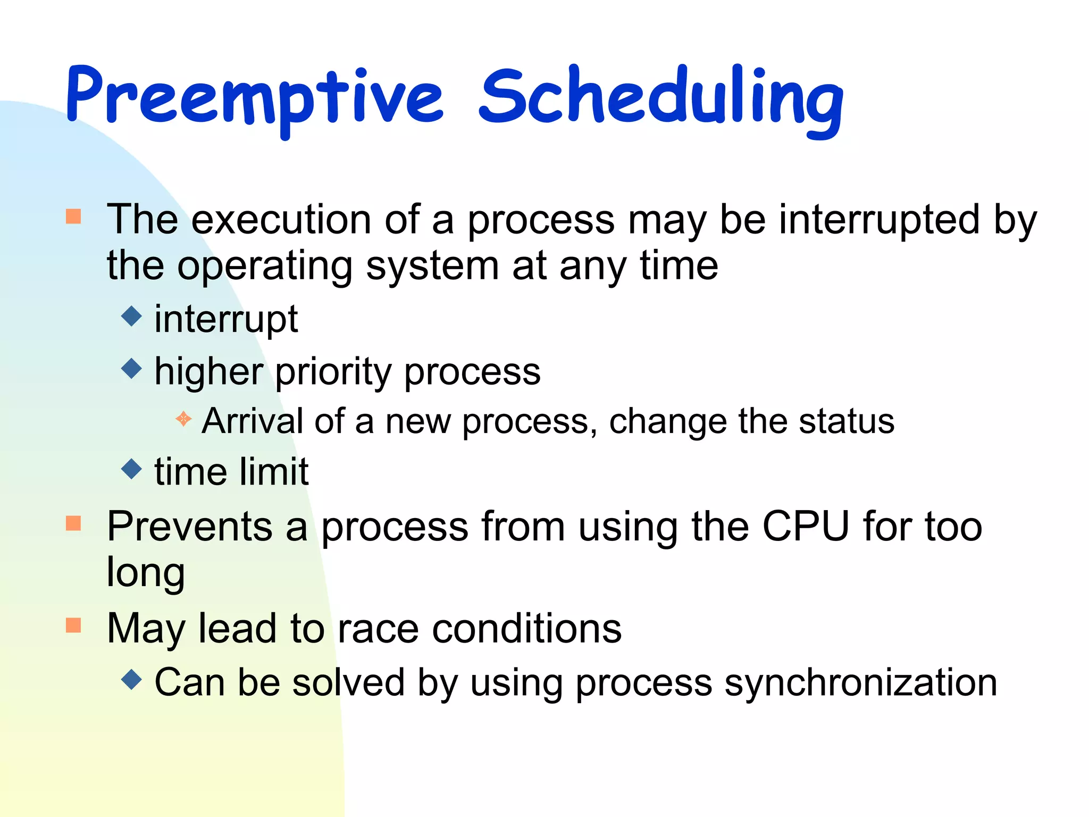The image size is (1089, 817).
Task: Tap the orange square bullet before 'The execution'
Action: tap(73, 216)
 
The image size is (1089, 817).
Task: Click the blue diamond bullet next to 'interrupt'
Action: tap(131, 316)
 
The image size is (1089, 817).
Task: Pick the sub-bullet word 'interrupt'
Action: tap(226, 319)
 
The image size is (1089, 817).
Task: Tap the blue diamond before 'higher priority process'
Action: tap(131, 368)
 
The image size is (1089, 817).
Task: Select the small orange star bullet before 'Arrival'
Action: tap(183, 419)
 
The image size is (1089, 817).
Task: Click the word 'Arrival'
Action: tap(252, 421)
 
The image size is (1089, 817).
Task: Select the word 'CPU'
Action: tap(805, 527)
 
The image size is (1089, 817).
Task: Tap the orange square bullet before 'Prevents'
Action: tap(73, 523)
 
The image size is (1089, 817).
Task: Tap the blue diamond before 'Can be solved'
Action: tap(131, 679)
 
